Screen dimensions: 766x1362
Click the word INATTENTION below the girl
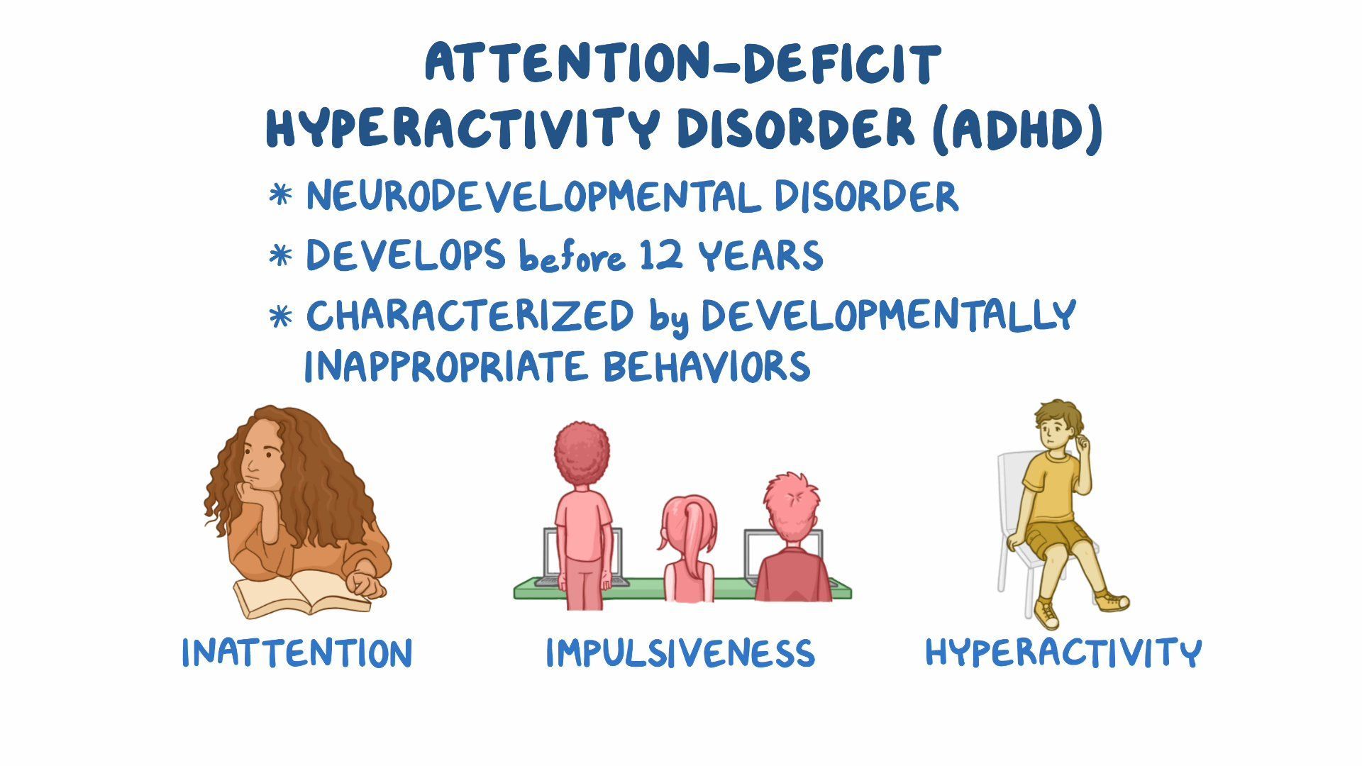point(297,653)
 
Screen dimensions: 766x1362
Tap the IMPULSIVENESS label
point(680,653)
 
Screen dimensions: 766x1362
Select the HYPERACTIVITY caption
point(1063,652)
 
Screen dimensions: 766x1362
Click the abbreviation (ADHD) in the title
point(1017,129)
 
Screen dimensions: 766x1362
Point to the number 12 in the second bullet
point(661,255)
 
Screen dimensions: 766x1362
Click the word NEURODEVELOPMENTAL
point(533,196)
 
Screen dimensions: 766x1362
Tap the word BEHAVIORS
point(706,366)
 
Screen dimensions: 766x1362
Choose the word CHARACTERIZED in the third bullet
point(470,316)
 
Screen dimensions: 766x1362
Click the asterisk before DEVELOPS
point(281,256)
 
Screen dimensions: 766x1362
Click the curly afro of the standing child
point(582,453)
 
